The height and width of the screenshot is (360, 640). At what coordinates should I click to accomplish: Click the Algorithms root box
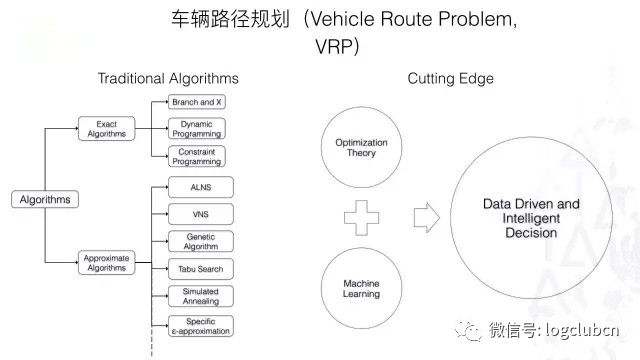pos(45,199)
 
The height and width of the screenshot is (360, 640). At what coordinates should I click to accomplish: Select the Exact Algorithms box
pos(105,128)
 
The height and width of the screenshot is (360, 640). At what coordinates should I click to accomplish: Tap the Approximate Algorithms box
pos(105,264)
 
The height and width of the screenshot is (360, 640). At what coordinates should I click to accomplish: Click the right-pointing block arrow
pos(427,216)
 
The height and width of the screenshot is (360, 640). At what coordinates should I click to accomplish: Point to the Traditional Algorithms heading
pos(168,78)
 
